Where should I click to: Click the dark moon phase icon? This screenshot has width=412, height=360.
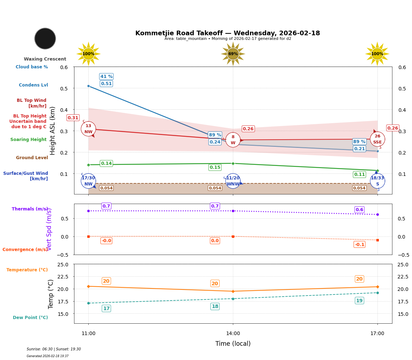click(45, 38)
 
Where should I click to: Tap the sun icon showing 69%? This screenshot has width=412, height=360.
click(233, 54)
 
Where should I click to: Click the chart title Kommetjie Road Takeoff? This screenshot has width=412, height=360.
click(228, 33)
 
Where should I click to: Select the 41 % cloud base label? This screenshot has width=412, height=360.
click(106, 77)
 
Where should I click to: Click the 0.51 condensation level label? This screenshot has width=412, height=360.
click(106, 84)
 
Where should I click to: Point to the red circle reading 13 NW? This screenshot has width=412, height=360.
click(88, 129)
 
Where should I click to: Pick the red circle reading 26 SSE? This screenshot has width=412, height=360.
click(377, 139)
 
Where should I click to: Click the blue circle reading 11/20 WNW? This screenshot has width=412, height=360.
click(233, 181)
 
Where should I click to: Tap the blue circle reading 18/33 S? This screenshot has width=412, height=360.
click(377, 181)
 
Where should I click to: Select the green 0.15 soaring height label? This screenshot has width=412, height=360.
click(215, 167)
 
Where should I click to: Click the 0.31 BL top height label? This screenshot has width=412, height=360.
click(73, 118)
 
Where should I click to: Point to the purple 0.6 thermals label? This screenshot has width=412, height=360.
click(359, 209)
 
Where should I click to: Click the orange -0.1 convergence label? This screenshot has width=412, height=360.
click(359, 244)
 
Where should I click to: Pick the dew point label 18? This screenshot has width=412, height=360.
click(215, 306)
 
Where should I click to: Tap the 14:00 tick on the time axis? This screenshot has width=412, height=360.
click(233, 333)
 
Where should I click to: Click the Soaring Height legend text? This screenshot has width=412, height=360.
click(28, 140)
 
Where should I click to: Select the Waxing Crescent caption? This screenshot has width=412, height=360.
click(45, 59)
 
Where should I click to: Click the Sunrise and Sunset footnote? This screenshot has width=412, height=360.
click(54, 349)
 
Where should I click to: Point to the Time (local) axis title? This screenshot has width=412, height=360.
click(233, 344)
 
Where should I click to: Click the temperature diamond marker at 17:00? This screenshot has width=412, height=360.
click(377, 287)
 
